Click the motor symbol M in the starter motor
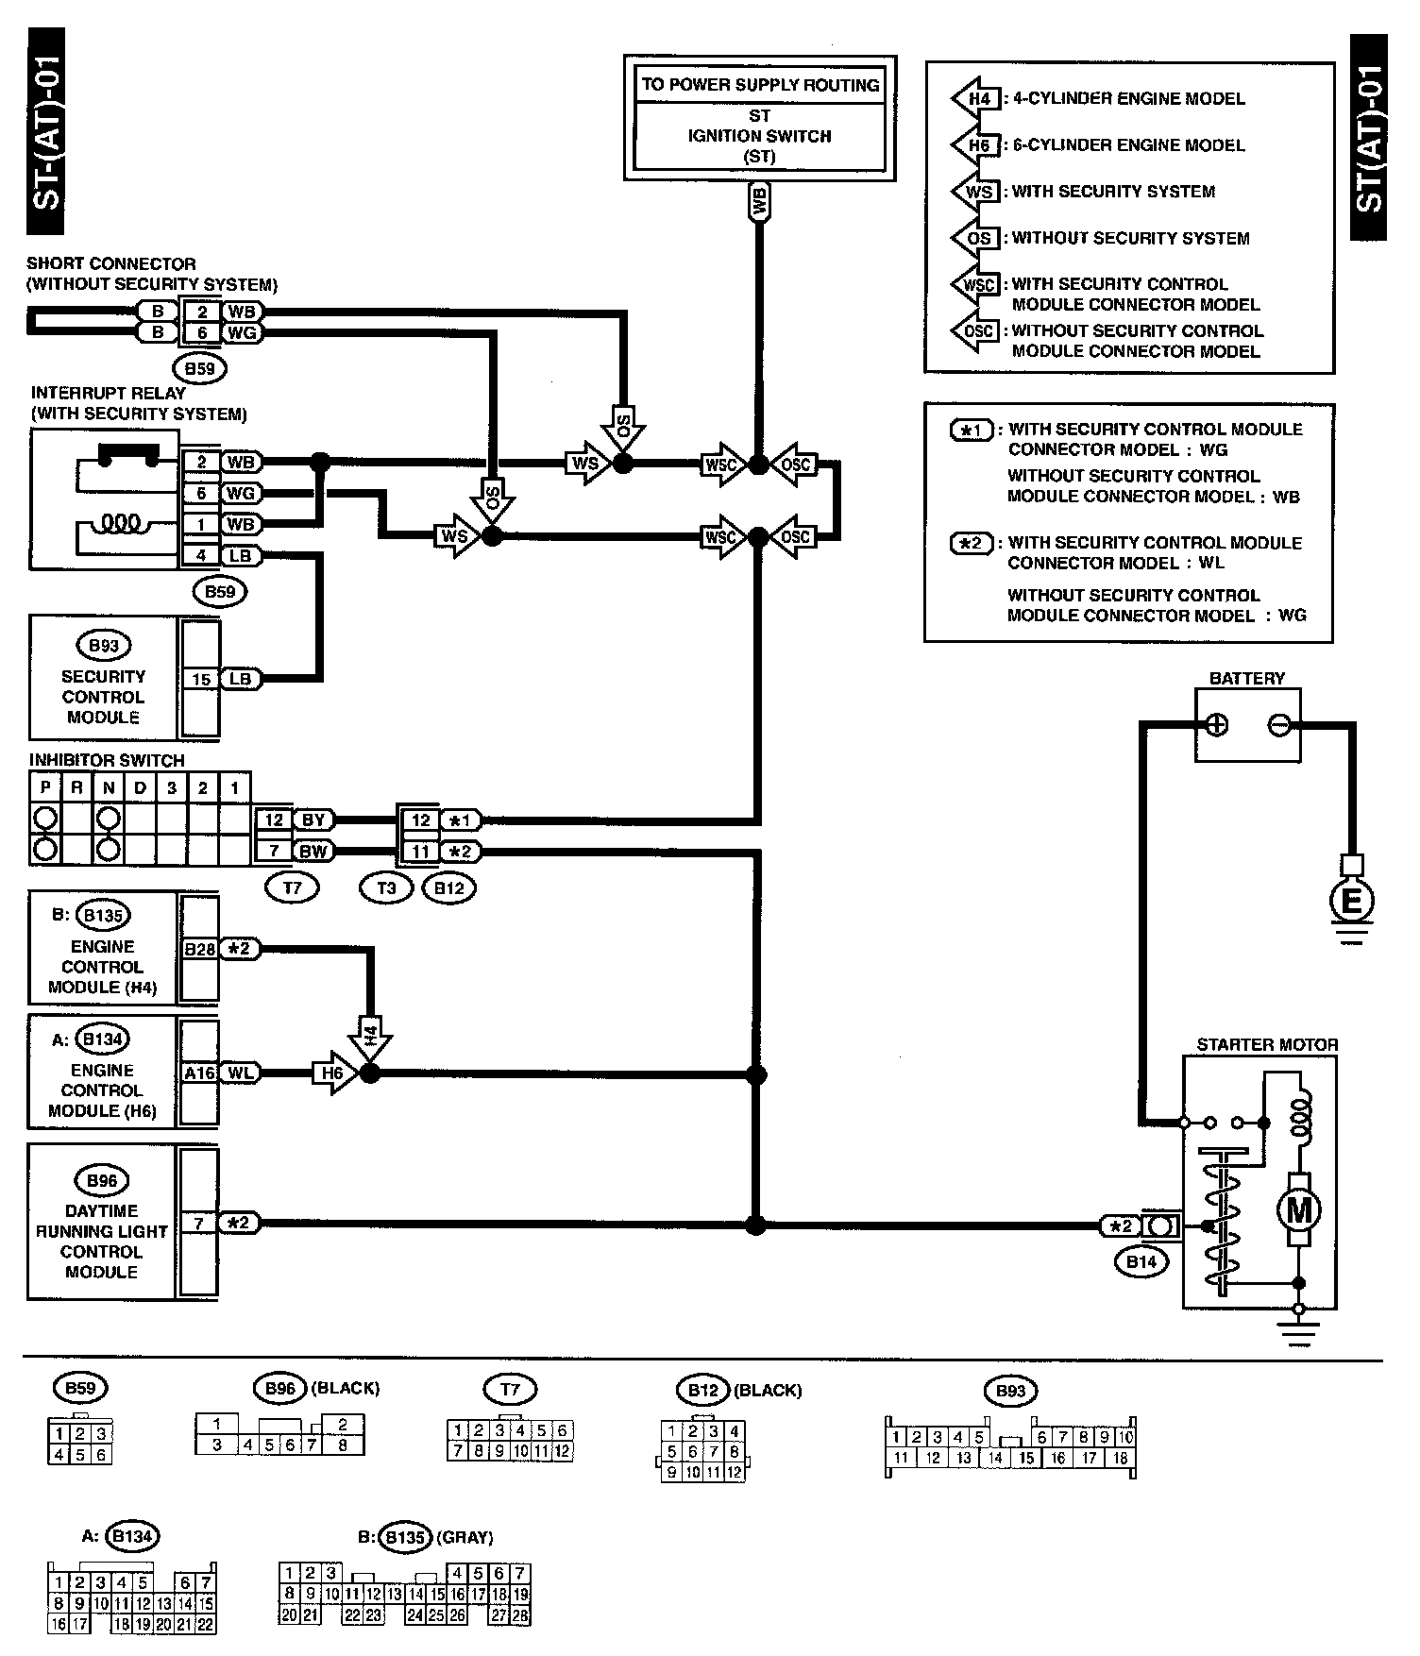tap(1299, 1209)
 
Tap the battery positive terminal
tap(1217, 725)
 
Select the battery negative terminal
tap(1279, 725)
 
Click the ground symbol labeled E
tap(1351, 902)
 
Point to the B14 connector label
tap(1141, 1261)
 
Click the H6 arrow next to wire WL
tap(332, 1073)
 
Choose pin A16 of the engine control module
tap(199, 1073)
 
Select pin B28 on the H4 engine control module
tap(199, 949)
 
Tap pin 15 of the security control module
tap(201, 679)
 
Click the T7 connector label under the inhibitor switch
tap(293, 887)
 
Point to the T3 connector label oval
tap(386, 887)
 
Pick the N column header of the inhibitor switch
tap(109, 787)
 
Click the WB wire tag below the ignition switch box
tap(759, 201)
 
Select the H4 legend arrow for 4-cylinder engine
tap(977, 99)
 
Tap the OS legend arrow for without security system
tap(977, 238)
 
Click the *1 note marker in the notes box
tap(971, 431)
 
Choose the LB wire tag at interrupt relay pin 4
tap(241, 556)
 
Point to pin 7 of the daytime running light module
tap(199, 1224)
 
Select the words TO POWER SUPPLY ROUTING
tap(760, 85)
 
